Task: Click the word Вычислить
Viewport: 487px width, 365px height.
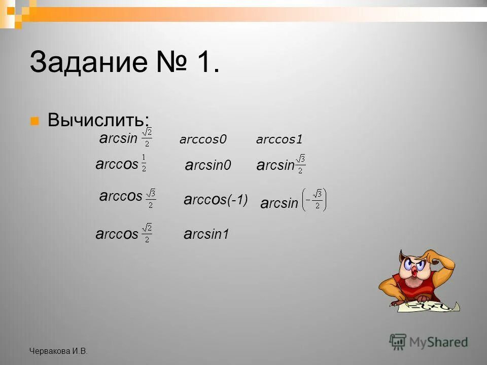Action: (x=98, y=121)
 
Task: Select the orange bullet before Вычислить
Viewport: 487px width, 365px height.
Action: (x=34, y=121)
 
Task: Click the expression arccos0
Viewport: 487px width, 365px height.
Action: (x=203, y=139)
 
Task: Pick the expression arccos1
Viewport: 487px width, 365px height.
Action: (x=280, y=139)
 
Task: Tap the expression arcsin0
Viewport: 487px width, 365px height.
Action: (x=208, y=165)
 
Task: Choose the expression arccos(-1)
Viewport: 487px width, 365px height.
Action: (x=216, y=201)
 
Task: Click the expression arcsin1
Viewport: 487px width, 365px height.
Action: (x=206, y=234)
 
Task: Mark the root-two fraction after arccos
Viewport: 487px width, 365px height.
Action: (x=146, y=232)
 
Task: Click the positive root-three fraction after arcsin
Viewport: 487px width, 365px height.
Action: (x=300, y=163)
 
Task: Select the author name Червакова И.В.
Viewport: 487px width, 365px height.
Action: (x=58, y=351)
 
